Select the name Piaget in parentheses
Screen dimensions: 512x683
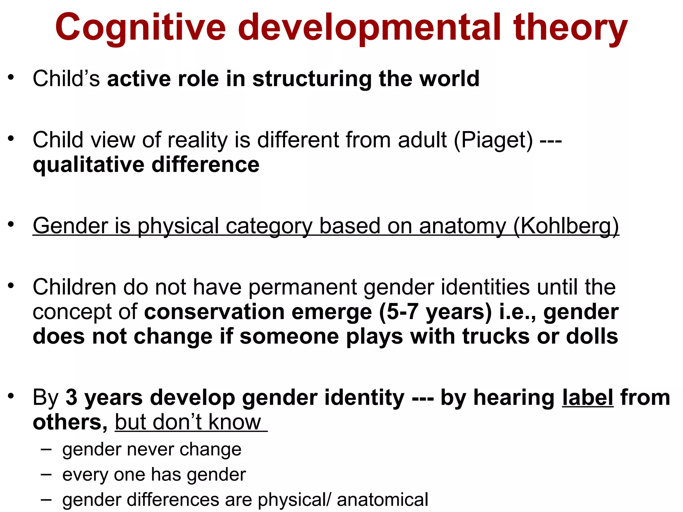coord(494,140)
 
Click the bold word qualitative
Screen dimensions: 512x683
coord(88,165)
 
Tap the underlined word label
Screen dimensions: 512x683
coord(588,398)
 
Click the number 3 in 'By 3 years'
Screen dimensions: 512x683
coord(71,398)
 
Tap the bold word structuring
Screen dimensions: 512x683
coord(312,79)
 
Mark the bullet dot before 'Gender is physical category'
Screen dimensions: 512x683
coord(11,224)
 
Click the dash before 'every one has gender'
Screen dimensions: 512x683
coord(46,474)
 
